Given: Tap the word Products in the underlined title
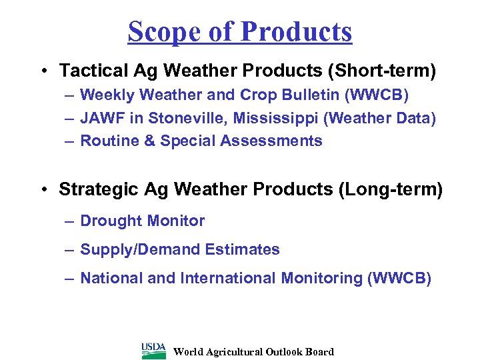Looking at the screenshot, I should (298, 31).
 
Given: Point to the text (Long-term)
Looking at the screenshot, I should (391, 189).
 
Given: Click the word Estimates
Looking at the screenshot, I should (243, 249).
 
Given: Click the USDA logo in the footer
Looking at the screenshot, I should (154, 350).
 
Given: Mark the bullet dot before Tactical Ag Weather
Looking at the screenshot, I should (43, 71).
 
